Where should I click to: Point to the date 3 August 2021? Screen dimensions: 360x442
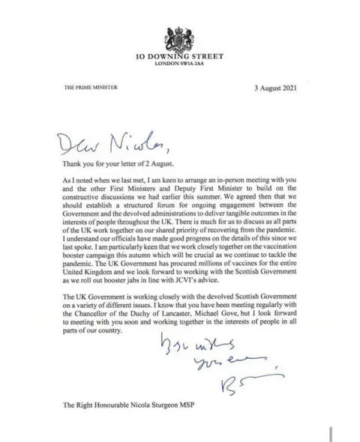click(277, 88)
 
